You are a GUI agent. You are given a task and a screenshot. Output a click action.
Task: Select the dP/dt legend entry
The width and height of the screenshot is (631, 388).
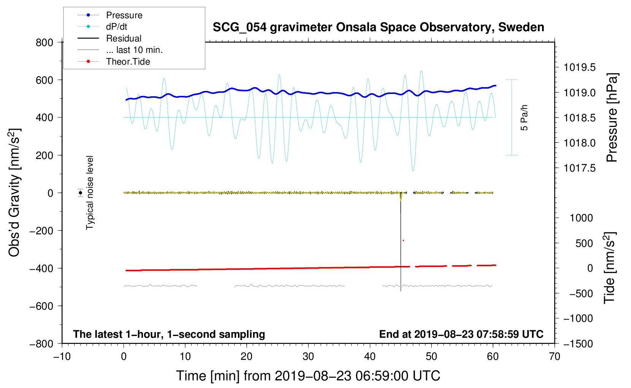click(x=116, y=27)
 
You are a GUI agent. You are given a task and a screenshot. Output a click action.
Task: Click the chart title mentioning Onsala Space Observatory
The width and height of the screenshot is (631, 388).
click(x=378, y=27)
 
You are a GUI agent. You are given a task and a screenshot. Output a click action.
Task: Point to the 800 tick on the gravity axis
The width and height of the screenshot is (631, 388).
click(x=44, y=43)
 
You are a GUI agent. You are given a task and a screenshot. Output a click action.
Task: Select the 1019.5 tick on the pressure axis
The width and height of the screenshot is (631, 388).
click(x=579, y=68)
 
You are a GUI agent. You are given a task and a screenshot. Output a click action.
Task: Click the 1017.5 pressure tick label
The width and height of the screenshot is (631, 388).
click(x=579, y=168)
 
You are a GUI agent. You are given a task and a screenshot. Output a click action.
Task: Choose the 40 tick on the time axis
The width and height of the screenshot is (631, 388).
click(x=370, y=356)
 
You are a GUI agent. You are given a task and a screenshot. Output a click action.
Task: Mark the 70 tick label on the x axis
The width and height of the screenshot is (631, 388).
click(x=555, y=356)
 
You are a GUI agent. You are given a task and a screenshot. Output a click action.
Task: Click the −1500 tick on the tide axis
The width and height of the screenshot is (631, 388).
click(x=578, y=344)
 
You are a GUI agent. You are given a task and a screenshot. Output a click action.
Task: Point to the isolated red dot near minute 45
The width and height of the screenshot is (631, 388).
click(x=403, y=240)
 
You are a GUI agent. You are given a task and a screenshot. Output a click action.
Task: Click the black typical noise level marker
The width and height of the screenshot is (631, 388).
click(x=81, y=193)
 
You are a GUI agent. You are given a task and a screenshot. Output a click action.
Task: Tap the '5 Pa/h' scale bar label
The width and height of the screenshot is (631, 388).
click(x=524, y=118)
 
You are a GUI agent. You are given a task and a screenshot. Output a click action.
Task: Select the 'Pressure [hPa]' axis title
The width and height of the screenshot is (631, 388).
click(x=612, y=118)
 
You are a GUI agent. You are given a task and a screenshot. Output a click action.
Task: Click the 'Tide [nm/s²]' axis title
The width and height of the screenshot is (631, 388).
click(x=610, y=268)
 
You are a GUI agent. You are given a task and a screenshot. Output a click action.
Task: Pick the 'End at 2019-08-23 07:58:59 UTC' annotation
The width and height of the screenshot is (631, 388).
click(x=461, y=334)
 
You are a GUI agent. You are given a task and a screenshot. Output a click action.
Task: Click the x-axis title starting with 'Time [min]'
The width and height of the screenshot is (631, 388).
click(x=308, y=376)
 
